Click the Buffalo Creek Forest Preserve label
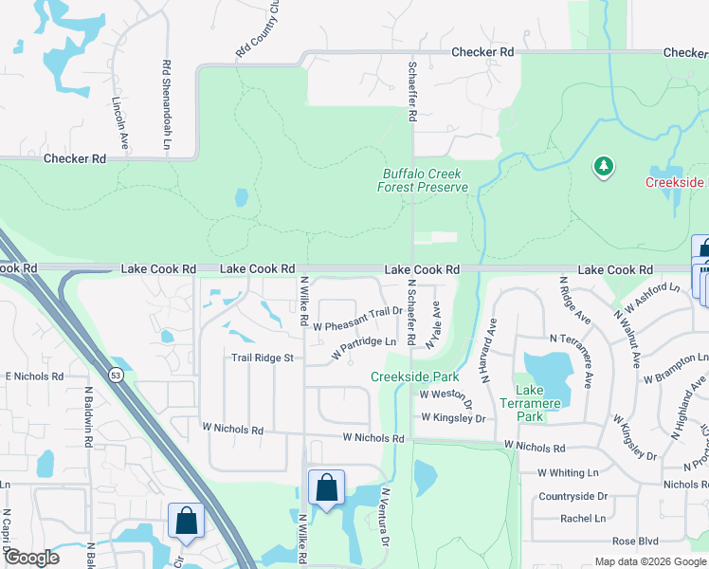(426, 180)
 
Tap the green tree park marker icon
(603, 168)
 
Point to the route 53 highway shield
(114, 374)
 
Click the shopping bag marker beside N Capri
(186, 522)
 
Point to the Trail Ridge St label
(264, 358)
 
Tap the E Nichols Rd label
(33, 376)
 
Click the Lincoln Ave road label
(121, 120)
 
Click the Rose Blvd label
(635, 541)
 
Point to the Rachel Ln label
(583, 519)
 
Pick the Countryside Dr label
(573, 496)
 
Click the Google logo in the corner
(30, 558)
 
